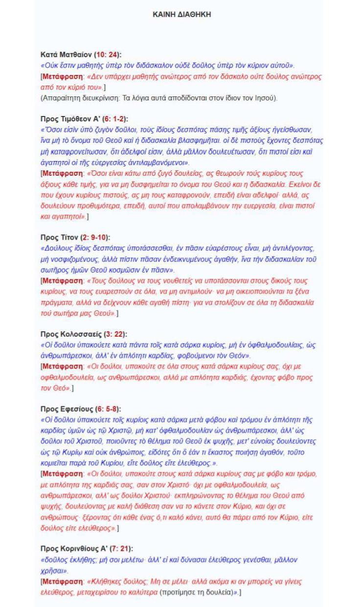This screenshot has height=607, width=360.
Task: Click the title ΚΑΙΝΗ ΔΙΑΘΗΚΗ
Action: [182, 15]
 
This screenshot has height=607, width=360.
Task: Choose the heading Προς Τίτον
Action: [57, 237]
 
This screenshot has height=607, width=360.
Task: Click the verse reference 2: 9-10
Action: [93, 237]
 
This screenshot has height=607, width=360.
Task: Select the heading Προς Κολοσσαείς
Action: [70, 334]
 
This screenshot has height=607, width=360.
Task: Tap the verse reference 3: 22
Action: [115, 334]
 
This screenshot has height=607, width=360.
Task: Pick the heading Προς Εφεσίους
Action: [65, 409]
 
